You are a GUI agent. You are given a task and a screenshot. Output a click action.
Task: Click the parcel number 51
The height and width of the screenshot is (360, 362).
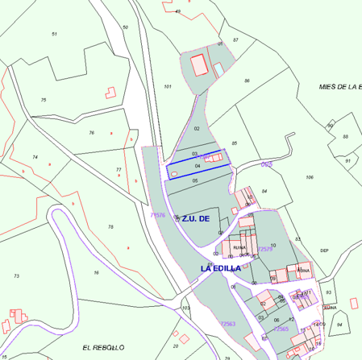(x=54, y=34)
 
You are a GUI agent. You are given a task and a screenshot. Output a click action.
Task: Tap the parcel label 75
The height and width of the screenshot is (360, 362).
(x=44, y=100)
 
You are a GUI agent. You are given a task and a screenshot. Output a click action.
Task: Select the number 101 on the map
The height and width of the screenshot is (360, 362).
(x=168, y=86)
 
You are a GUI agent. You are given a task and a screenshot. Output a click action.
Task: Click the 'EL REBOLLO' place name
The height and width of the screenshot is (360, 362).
(x=103, y=346)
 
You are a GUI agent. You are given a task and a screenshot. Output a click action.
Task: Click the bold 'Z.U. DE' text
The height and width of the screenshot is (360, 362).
(x=195, y=218)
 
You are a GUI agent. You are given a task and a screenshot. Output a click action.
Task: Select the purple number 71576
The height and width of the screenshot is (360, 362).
(x=158, y=215)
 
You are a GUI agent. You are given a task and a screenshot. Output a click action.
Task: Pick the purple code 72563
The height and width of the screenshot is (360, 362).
(x=227, y=323)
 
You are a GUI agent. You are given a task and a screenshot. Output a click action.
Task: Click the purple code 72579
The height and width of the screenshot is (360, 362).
(x=264, y=250)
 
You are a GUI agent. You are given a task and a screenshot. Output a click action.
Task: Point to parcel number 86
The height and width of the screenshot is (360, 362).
(x=248, y=81)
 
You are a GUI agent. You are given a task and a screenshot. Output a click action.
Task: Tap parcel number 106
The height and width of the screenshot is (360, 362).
(x=310, y=177)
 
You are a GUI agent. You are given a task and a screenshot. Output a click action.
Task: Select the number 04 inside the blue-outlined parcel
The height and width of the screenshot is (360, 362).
(x=198, y=165)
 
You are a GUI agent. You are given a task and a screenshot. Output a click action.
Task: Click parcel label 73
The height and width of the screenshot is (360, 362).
(x=16, y=275)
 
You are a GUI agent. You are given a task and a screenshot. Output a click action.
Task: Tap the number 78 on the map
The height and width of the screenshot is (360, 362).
(x=110, y=227)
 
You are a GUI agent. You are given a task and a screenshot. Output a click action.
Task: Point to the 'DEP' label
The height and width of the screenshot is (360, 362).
(x=324, y=250)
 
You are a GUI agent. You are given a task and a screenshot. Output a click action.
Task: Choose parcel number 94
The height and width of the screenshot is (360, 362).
(x=339, y=325)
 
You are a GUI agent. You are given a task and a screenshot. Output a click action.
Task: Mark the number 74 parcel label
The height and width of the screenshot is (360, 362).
(x=35, y=157)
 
